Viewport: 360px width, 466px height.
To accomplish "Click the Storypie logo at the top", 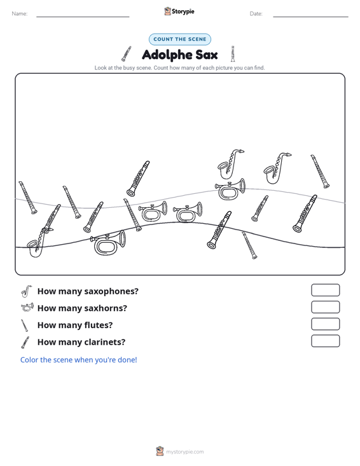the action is click(179, 11).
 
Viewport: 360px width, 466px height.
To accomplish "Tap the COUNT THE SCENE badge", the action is click(180, 39).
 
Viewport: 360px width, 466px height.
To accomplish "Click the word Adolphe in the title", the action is click(167, 55).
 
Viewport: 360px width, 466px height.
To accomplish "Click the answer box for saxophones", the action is click(325, 290).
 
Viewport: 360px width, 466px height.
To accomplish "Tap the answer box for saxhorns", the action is click(325, 307).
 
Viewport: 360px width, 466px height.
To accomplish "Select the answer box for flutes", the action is click(325, 324).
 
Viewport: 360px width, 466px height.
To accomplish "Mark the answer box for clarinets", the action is click(325, 341).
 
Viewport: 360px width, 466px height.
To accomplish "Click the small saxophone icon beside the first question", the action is click(26, 291).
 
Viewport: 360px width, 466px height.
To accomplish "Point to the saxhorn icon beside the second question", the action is click(27, 307).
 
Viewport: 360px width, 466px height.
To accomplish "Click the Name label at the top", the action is click(20, 14).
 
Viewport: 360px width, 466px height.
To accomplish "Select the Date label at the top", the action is click(256, 14).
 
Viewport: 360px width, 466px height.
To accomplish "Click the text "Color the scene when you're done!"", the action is click(78, 360).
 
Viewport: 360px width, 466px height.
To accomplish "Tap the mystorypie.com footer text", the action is click(184, 452).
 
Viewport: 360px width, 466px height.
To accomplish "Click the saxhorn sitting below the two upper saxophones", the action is click(230, 189).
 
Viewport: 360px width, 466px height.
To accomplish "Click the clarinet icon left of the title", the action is click(126, 54).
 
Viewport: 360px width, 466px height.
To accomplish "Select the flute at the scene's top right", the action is click(320, 172).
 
